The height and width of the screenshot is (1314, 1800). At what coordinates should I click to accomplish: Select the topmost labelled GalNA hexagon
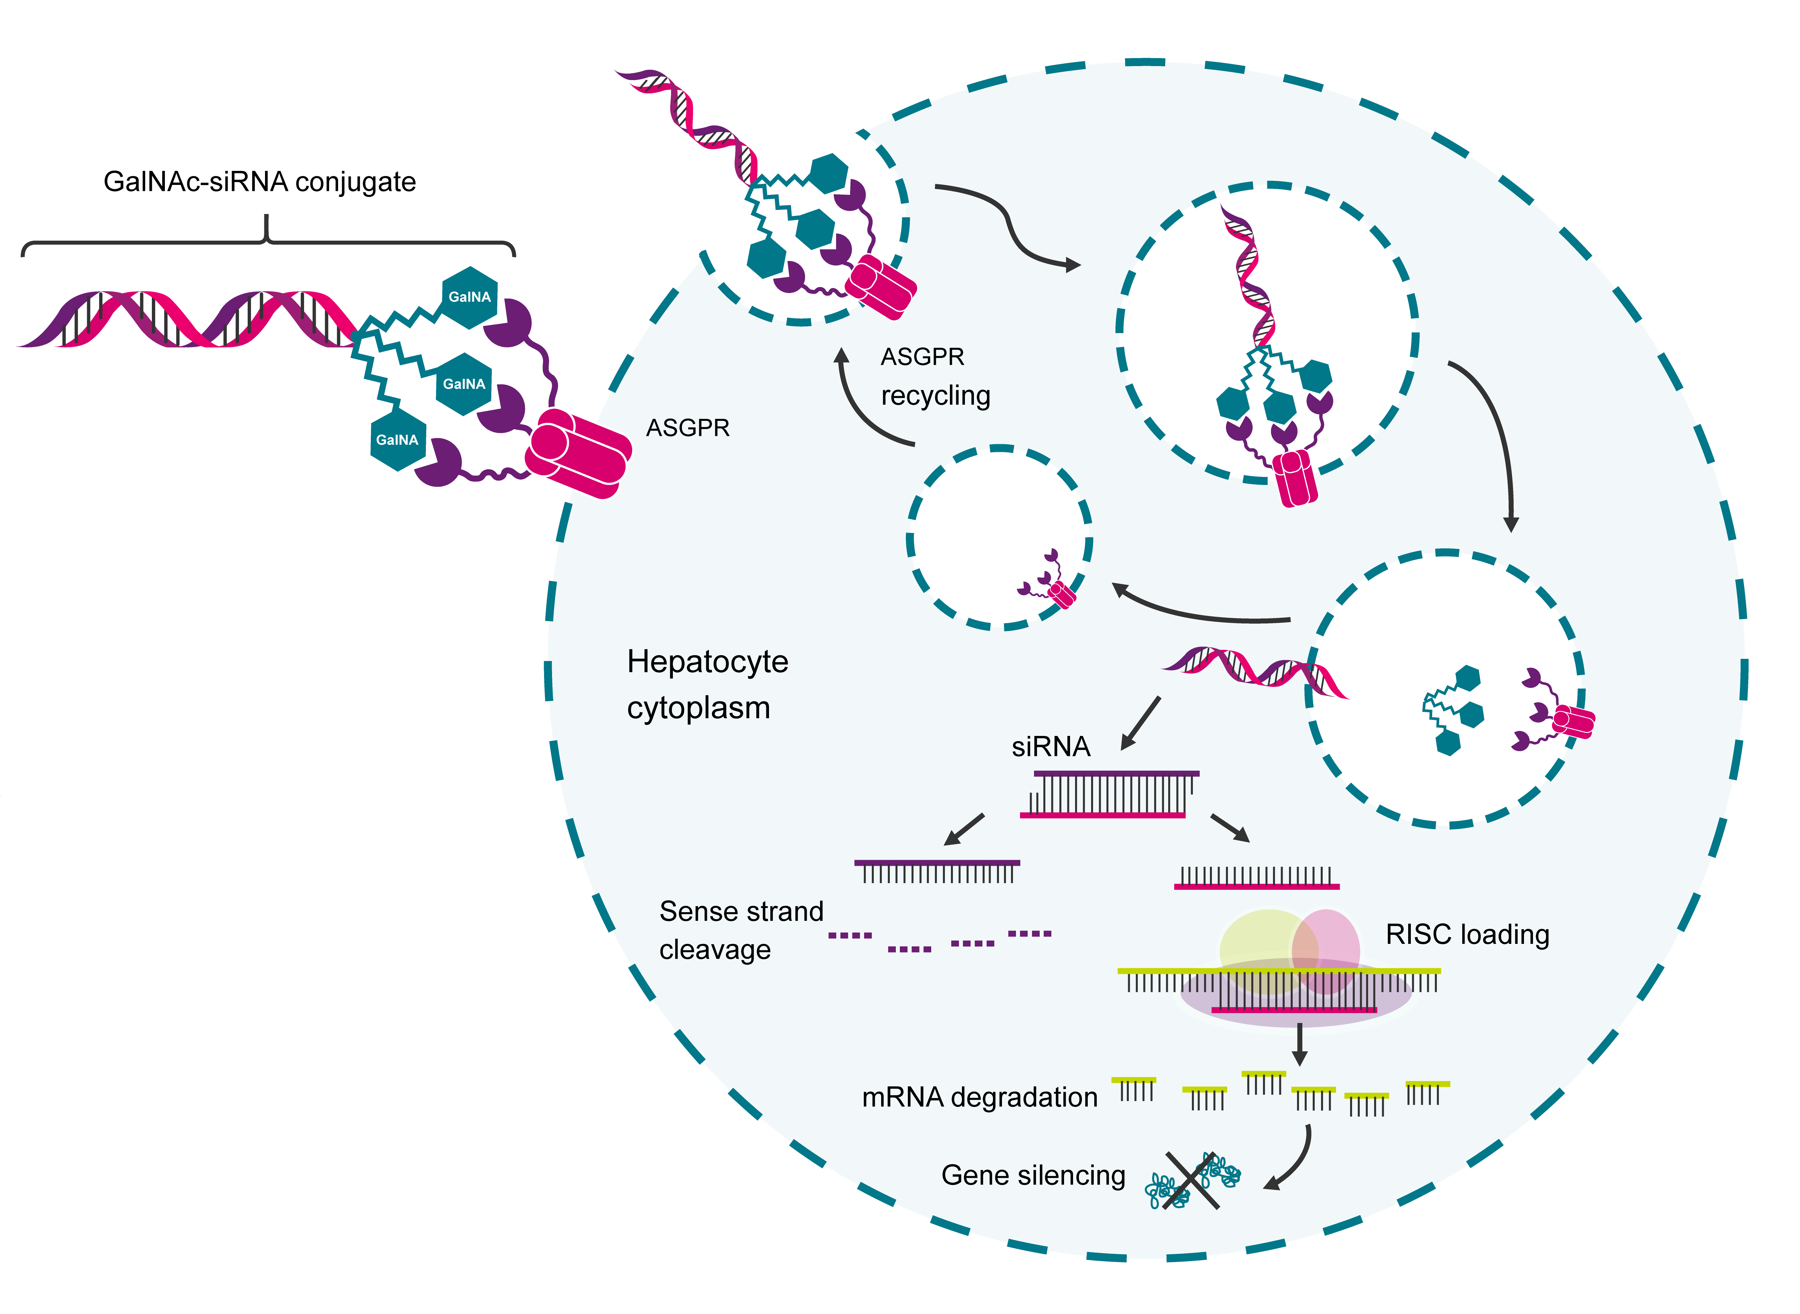469,297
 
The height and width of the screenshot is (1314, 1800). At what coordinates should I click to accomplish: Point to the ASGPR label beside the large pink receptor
687,428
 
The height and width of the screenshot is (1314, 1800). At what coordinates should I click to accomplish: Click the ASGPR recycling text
935,376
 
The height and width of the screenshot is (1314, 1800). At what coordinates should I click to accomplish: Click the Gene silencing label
1032,1175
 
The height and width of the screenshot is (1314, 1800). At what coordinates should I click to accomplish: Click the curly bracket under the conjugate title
267,239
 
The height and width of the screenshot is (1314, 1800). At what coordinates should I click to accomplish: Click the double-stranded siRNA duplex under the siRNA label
1109,794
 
